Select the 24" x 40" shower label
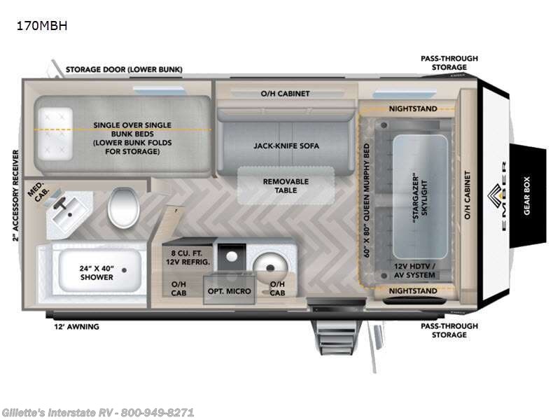pyautogui.click(x=97, y=272)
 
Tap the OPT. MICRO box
pyautogui.click(x=229, y=290)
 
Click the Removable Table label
pyautogui.click(x=286, y=185)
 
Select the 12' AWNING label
pyautogui.click(x=77, y=326)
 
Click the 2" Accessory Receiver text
pyautogui.click(x=15, y=195)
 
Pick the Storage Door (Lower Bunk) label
pyautogui.click(x=124, y=69)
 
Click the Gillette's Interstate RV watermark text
pyautogui.click(x=98, y=412)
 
